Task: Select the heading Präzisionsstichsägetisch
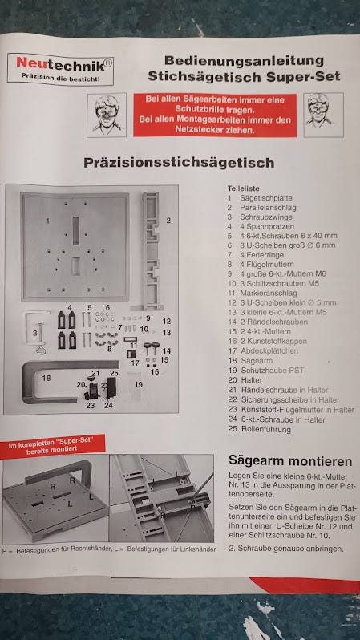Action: (x=178, y=163)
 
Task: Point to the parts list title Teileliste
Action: (x=244, y=188)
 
